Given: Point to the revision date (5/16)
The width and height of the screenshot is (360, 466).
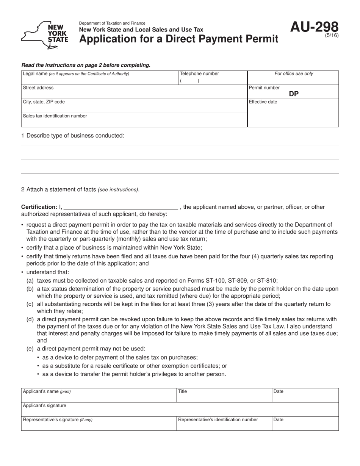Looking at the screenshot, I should [332, 36].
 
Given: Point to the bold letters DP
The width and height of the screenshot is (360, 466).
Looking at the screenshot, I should [294, 94].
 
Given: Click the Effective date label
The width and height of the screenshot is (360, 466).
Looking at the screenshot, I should [263, 102].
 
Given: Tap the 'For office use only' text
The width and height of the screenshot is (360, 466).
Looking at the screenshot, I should [294, 74].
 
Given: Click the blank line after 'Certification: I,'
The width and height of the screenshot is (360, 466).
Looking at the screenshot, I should [121, 207].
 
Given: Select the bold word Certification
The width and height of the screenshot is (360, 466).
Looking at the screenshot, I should [39, 207].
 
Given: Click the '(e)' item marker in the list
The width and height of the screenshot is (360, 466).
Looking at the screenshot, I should [30, 349].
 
